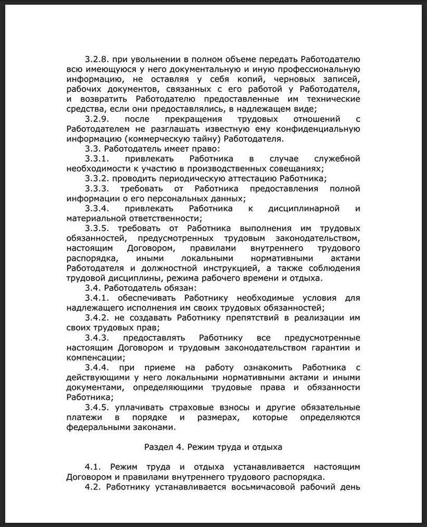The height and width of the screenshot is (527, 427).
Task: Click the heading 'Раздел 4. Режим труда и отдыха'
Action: coord(213,447)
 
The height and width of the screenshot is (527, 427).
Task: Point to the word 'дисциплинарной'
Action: coord(304,208)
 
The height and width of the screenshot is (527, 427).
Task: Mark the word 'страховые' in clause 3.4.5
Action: coord(193,407)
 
